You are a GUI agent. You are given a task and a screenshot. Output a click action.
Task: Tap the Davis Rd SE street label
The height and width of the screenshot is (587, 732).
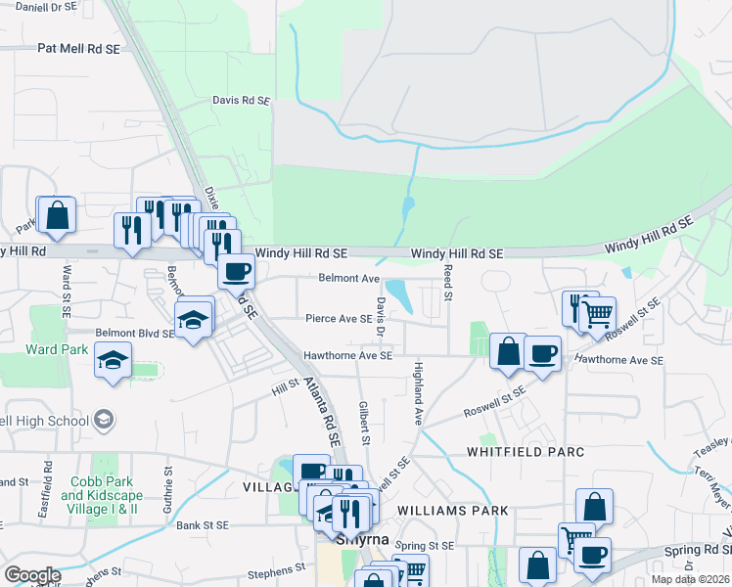click(241, 100)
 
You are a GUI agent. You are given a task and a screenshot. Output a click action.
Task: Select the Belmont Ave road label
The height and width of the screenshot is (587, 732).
click(349, 278)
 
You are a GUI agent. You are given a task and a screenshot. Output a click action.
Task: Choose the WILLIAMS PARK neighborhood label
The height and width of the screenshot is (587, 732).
click(453, 511)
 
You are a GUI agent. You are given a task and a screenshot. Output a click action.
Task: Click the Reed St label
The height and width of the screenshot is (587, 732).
click(448, 282)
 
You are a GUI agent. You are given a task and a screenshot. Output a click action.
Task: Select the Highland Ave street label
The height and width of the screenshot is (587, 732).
click(418, 390)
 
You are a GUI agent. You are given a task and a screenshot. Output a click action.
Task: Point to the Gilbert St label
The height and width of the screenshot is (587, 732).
click(364, 423)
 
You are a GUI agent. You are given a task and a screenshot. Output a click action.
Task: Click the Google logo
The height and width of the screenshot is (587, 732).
click(33, 575)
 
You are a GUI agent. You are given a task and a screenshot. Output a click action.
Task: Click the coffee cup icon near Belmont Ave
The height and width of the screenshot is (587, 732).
click(236, 271)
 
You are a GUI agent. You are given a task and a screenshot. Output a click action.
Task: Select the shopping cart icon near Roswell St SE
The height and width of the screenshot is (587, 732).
click(596, 314)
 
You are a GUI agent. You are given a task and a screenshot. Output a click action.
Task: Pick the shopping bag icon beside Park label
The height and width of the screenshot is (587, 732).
click(57, 215)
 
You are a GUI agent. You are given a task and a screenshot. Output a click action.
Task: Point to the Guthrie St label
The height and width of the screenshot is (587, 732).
click(167, 485)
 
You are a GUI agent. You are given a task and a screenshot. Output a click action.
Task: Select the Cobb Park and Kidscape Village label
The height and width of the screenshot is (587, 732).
click(101, 495)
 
